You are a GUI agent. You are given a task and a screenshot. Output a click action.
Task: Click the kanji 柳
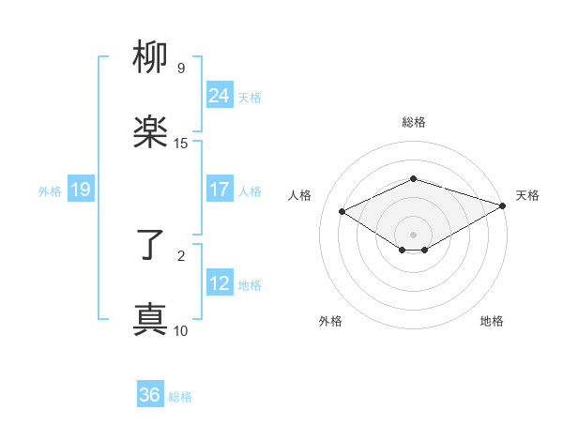click(x=151, y=61)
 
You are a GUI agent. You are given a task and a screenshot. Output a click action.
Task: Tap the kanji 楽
click(x=151, y=131)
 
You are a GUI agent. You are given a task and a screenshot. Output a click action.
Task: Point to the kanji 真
click(x=151, y=319)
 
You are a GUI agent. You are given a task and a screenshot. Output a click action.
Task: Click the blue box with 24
click(x=219, y=95)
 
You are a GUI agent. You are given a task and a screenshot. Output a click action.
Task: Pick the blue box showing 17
click(x=219, y=189)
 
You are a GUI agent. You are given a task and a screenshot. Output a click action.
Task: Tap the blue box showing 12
click(x=219, y=282)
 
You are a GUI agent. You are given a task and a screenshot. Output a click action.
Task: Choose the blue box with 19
click(x=80, y=190)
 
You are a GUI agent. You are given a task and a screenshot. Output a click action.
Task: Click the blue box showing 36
click(x=149, y=395)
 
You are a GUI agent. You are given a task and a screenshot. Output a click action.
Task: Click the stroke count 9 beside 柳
click(x=180, y=68)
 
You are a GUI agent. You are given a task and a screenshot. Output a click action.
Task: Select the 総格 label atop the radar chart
click(x=413, y=122)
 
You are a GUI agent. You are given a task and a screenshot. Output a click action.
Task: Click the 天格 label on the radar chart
click(x=527, y=195)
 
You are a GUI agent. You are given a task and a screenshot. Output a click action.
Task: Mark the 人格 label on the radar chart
click(x=300, y=195)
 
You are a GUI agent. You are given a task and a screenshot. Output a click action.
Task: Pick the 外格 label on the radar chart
click(x=330, y=321)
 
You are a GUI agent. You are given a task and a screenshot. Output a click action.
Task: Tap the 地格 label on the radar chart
click(x=492, y=321)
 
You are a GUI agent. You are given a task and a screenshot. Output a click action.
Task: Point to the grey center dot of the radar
click(x=413, y=234)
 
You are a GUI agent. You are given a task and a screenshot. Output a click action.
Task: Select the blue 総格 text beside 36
click(x=180, y=397)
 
